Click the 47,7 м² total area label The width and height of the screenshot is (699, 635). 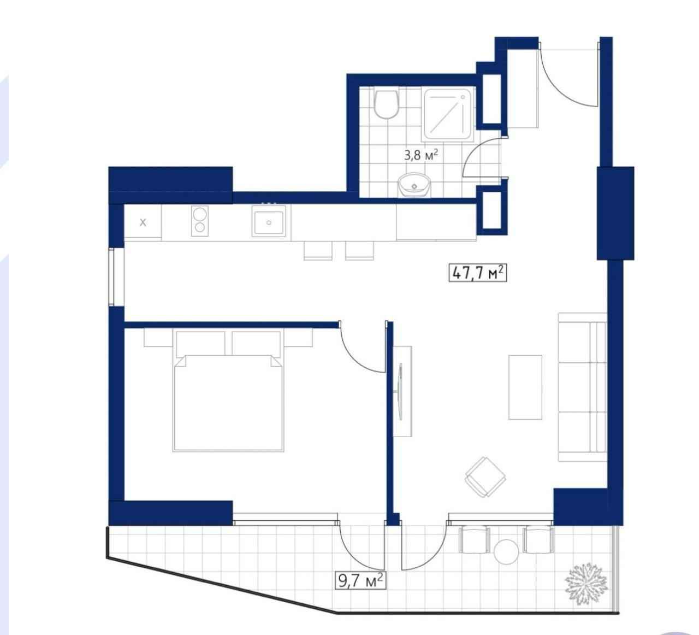tap(477, 273)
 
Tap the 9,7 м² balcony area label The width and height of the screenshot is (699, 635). tap(360, 580)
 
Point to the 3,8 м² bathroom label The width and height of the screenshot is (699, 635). tap(420, 155)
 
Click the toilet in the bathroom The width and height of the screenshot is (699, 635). tap(386, 104)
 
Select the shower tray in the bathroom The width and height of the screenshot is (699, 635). tap(448, 115)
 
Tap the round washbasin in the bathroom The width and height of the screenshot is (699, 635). tap(414, 185)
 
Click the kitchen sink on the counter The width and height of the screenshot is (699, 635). tap(269, 221)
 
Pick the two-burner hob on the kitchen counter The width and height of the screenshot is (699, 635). tap(200, 221)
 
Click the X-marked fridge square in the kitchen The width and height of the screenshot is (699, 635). tap(143, 222)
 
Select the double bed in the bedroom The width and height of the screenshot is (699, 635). tap(228, 391)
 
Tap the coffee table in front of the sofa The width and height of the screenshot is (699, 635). tap(525, 387)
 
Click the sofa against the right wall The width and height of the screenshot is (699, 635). tap(582, 387)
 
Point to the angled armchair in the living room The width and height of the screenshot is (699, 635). tap(485, 478)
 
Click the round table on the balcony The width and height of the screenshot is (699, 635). tap(506, 552)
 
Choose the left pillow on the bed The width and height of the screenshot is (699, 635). tap(200, 344)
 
